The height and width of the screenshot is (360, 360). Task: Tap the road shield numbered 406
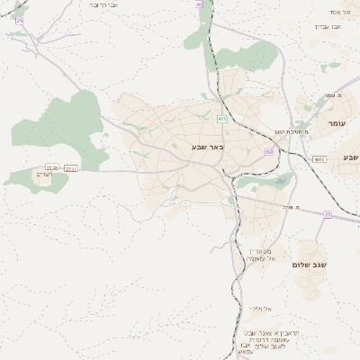pos(221,118)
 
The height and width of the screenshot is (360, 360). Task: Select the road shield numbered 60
pos(268,151)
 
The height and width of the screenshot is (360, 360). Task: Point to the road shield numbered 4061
pos(319,159)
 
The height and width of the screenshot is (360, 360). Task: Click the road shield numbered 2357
pos(71,168)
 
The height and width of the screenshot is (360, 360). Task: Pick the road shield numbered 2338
pos(52,167)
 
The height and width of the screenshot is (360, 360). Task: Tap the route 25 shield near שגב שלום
pos(327,214)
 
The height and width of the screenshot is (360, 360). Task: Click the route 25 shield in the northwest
pos(20,20)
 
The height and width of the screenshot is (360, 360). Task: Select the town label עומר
pos(337,123)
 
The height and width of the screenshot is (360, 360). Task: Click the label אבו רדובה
pos(111,5)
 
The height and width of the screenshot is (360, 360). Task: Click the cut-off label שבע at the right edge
pos(350,157)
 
